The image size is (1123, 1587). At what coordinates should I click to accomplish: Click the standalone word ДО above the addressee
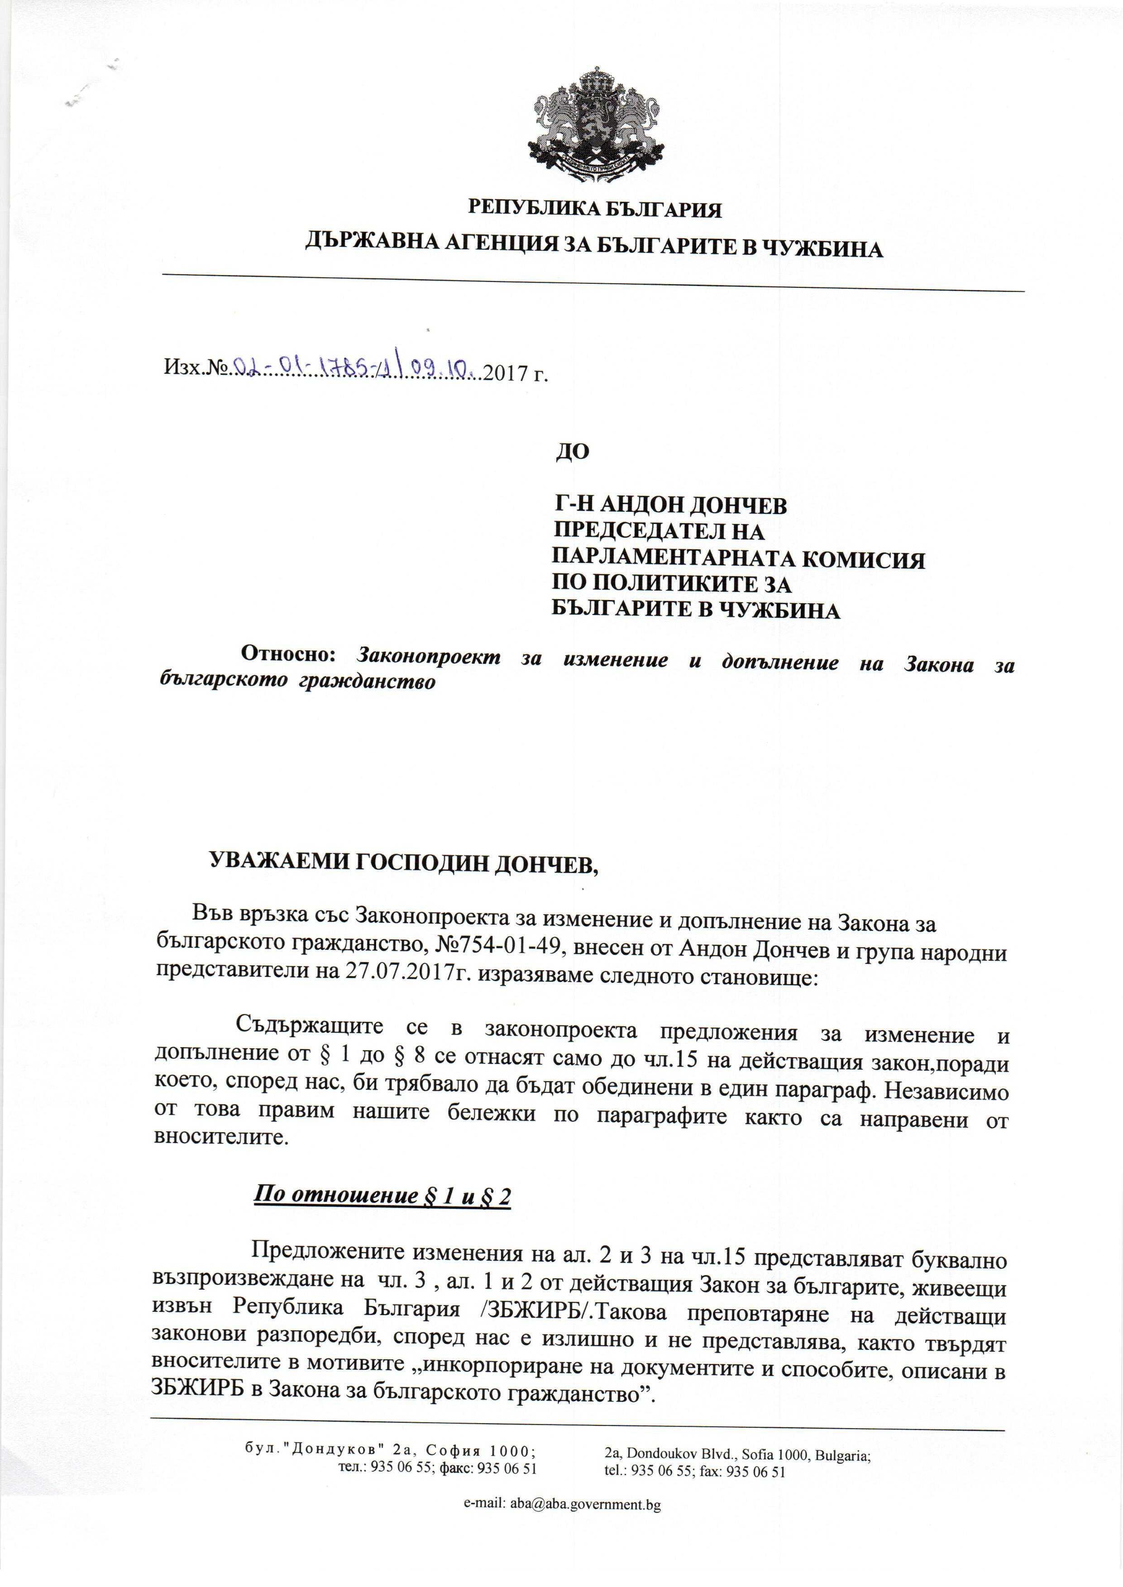pyautogui.click(x=573, y=451)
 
